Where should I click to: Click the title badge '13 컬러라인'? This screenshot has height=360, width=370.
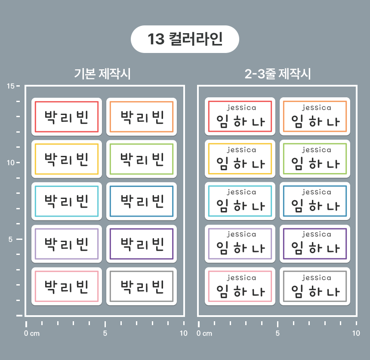coord(185,39)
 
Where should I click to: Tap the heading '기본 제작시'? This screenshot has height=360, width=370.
coord(102,74)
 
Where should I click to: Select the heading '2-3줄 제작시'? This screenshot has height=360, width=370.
coord(277,74)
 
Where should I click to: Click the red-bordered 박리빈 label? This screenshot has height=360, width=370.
coord(67,117)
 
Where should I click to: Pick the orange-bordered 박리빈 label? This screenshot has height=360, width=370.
coord(142,117)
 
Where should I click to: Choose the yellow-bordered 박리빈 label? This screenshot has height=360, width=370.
coord(67,159)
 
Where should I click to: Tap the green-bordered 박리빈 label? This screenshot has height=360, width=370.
coord(142,159)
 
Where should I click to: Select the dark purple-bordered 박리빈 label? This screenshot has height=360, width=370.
coord(142,244)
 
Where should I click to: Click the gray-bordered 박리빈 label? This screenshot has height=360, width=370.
coord(142,286)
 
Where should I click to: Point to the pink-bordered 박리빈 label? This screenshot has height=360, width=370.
coord(67,286)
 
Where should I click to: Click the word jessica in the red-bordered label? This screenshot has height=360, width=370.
coord(241,108)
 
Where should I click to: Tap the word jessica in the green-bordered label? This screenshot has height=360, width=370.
coord(316,150)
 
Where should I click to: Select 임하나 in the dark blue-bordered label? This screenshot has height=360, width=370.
coord(315,205)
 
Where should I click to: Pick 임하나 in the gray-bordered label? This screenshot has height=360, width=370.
coord(315,291)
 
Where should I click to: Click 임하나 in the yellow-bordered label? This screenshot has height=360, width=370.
coord(240,164)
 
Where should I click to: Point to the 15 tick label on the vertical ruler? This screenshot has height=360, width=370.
coord(11,86)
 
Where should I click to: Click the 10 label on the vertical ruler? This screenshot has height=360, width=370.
coord(11,162)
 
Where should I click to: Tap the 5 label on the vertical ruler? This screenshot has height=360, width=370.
coord(10,239)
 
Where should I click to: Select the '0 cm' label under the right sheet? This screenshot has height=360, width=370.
coord(204,333)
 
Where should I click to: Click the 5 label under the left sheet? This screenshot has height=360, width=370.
coord(105,333)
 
